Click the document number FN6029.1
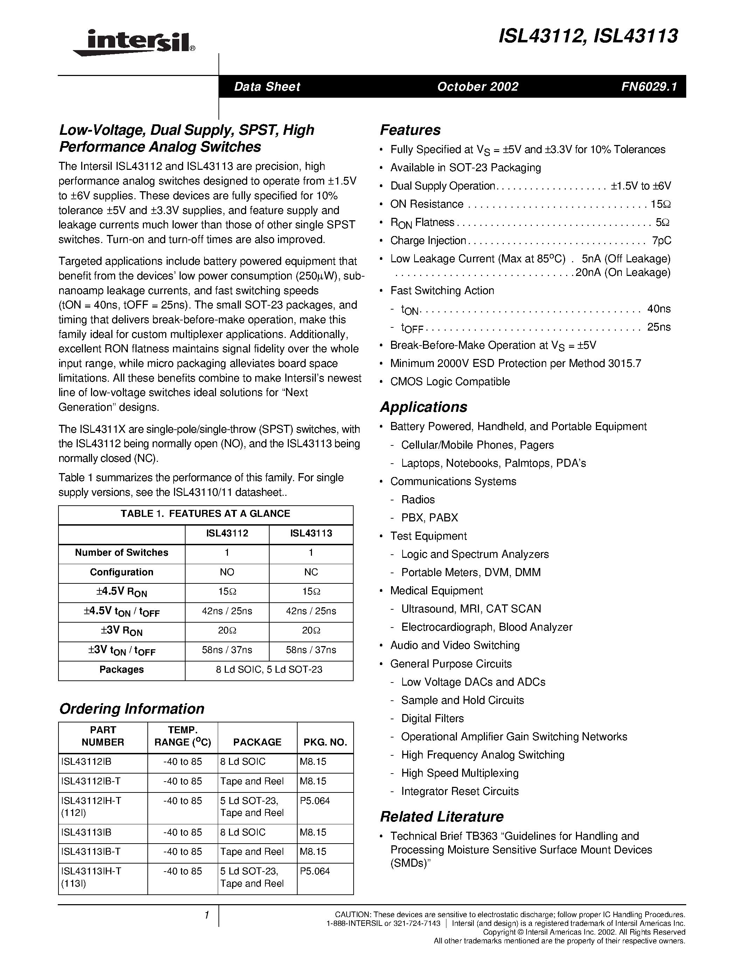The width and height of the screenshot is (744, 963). pos(648,87)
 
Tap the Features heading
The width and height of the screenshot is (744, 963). pos(410,130)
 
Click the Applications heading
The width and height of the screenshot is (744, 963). pos(423,407)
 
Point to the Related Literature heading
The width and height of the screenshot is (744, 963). pos(441,817)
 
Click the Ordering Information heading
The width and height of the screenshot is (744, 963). pos(131,708)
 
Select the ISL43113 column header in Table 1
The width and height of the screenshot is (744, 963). pos(311,533)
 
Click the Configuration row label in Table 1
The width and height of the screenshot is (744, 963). pos(121,572)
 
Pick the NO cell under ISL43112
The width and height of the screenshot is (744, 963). pos(227,572)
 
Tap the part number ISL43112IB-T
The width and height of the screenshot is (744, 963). pos(91,781)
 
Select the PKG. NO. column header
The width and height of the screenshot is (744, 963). pos(325,742)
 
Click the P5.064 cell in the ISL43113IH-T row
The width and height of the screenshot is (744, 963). pos(315,871)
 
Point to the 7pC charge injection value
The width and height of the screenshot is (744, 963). pos(661,241)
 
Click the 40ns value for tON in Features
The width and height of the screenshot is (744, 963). pos(659,309)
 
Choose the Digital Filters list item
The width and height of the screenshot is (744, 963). pos(432,719)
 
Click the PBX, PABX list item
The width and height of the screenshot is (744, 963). pos(429,518)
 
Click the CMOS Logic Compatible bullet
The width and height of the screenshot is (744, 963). pos(450,382)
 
